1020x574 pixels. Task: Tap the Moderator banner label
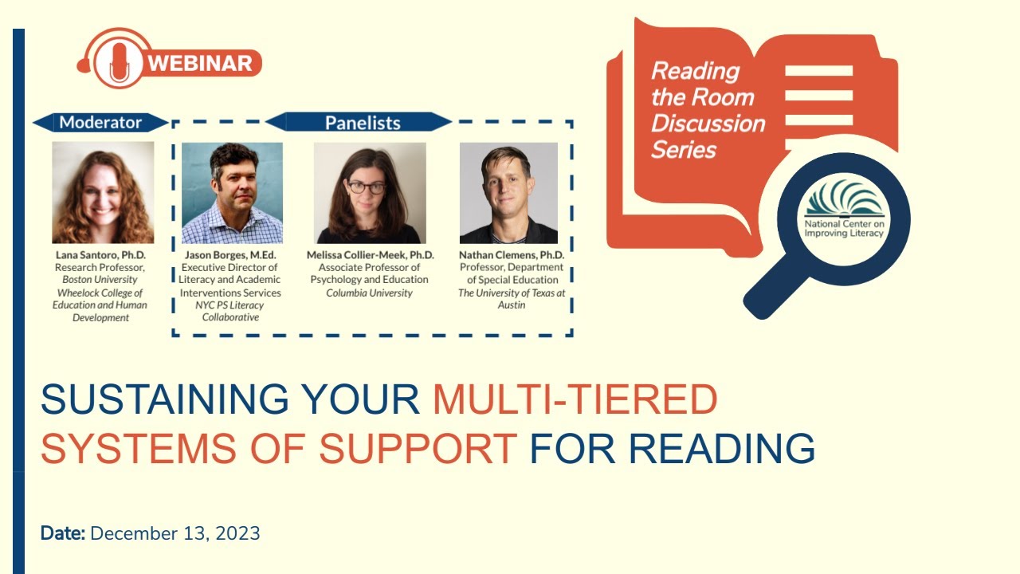coord(100,123)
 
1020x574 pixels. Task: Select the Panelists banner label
coord(362,123)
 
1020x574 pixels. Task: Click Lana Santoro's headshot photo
coord(103,192)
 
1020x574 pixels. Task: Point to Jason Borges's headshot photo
coord(232,193)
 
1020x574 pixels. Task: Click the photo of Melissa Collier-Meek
coord(370,193)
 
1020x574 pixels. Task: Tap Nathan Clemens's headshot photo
coord(508,193)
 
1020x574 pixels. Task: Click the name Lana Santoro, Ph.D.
coord(100,255)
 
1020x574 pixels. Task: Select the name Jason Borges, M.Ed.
coord(229,255)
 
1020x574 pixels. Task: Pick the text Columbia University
coord(370,293)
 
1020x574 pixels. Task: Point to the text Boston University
coord(100,280)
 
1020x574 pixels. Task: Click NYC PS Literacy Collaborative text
coord(229,311)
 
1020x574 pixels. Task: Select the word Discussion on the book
coord(708,124)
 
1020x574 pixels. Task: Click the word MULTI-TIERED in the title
coord(575,400)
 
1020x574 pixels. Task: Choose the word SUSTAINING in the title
coord(164,400)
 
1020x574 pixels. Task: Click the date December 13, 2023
coord(175,533)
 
